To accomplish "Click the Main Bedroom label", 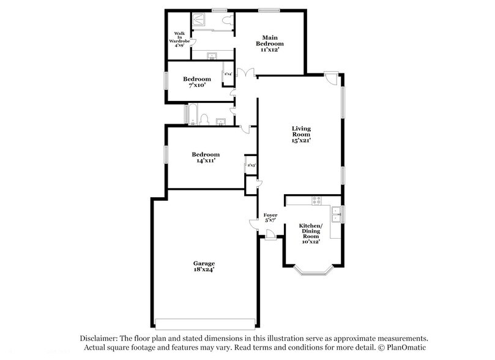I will pyautogui.click(x=270, y=41).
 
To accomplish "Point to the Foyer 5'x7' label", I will pyautogui.click(x=270, y=218).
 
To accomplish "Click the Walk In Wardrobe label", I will pyautogui.click(x=179, y=39).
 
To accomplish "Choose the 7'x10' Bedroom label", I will pyautogui.click(x=197, y=82).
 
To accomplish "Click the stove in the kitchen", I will pyautogui.click(x=317, y=200).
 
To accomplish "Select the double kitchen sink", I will pyautogui.click(x=335, y=214).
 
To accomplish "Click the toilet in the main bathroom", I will pyautogui.click(x=228, y=20).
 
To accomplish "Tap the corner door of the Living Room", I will pyautogui.click(x=331, y=79).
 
